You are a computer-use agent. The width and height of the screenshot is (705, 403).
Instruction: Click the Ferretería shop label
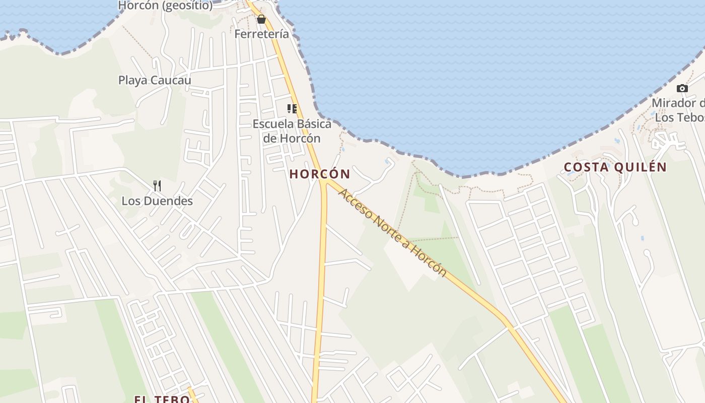(x=262, y=34)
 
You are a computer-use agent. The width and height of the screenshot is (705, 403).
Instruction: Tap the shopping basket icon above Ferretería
(x=261, y=20)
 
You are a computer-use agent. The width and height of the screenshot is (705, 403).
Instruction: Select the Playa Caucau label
(x=155, y=80)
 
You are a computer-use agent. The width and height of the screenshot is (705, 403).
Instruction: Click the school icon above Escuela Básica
(x=292, y=109)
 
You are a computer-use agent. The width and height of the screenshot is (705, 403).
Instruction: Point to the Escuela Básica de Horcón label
(x=292, y=131)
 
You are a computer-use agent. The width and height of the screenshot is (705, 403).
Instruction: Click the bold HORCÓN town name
(x=320, y=174)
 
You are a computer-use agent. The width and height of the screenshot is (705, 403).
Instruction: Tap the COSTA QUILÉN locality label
(x=615, y=167)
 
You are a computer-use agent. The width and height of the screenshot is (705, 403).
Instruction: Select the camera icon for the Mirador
(x=682, y=89)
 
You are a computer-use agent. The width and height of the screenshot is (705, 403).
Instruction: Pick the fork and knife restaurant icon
(x=157, y=186)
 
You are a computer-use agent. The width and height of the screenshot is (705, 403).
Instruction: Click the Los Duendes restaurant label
(x=157, y=201)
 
